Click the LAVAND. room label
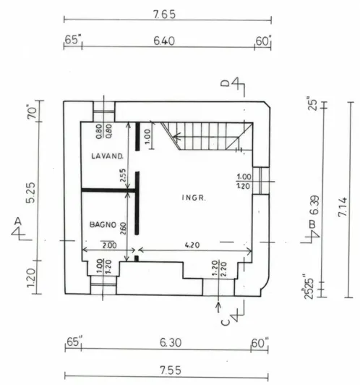pyautogui.click(x=107, y=156)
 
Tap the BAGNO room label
pyautogui.click(x=103, y=224)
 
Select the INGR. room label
pyautogui.click(x=194, y=198)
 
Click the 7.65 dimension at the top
pyautogui.click(x=165, y=14)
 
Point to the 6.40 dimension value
pyautogui.click(x=164, y=41)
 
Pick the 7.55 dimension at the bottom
pyautogui.click(x=171, y=371)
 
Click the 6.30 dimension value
pyautogui.click(x=171, y=342)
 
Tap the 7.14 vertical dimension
pyautogui.click(x=343, y=207)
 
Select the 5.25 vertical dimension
pyautogui.click(x=31, y=192)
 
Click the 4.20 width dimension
pyautogui.click(x=192, y=245)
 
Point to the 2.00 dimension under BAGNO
pyautogui.click(x=109, y=245)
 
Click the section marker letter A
pyautogui.click(x=17, y=221)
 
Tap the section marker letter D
pyautogui.click(x=225, y=83)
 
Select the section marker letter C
pyautogui.click(x=225, y=322)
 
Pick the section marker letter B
pyautogui.click(x=312, y=224)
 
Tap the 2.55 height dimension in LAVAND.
pyautogui.click(x=123, y=175)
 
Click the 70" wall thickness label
pyautogui.click(x=32, y=112)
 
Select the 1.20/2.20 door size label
pyautogui.click(x=219, y=268)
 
